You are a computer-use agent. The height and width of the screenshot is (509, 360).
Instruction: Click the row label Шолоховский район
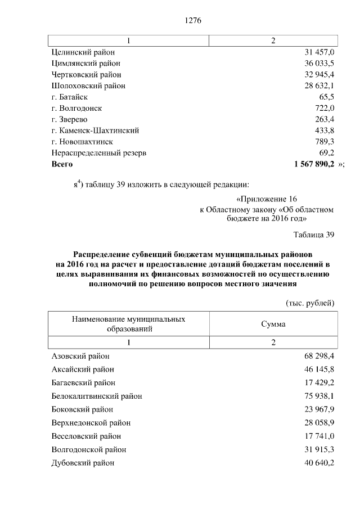point(88,85)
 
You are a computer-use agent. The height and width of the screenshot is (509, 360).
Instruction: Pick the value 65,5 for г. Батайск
point(326,97)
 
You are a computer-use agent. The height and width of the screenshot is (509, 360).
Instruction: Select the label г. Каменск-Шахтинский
point(94,130)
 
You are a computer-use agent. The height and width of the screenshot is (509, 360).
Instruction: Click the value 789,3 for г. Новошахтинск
point(323,141)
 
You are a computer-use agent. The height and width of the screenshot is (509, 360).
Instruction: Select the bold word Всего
point(62,164)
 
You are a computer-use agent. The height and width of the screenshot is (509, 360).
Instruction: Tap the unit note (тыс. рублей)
point(310,303)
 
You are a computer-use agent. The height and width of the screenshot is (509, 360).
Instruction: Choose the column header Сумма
point(273,325)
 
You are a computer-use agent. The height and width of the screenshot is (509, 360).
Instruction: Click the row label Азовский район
point(80,356)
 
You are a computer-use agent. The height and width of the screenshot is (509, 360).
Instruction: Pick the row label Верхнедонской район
point(91,422)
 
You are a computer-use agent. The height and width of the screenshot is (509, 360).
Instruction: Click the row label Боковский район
point(82,409)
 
